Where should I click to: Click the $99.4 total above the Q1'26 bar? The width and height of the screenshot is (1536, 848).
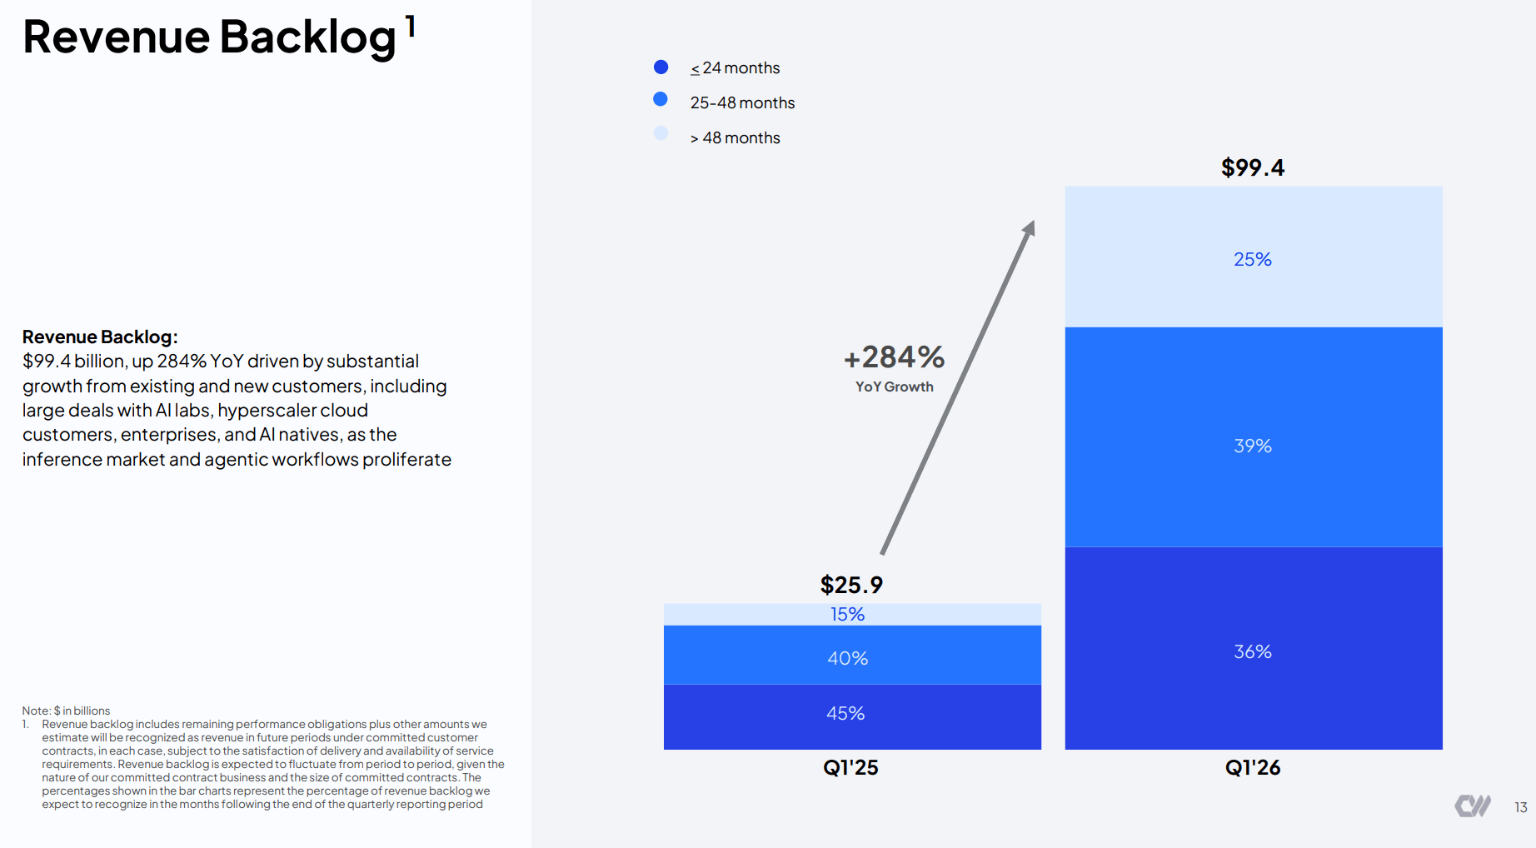1253,168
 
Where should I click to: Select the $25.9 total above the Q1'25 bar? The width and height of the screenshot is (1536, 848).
851,585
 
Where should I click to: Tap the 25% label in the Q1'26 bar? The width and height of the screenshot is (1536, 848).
1253,259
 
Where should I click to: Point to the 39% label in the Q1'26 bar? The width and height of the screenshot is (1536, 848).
1253,446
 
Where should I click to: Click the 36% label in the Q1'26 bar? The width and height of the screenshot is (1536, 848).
1253,651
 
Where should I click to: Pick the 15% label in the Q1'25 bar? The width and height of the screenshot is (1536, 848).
848,614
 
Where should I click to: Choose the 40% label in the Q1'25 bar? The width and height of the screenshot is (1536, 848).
848,658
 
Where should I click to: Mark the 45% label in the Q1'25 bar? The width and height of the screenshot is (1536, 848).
845,713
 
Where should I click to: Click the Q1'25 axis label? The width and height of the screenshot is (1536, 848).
850,767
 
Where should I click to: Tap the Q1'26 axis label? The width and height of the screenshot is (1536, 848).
1253,767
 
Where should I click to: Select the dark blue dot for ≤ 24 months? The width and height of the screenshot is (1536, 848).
661,67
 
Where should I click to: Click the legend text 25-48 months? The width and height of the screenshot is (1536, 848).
742,102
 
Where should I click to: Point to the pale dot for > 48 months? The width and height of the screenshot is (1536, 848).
661,133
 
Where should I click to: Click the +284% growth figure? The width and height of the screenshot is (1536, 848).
895,357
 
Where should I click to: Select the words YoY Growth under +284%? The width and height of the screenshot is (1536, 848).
895,387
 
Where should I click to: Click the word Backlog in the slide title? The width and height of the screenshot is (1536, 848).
307,38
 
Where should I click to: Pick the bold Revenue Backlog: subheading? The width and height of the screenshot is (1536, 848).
100,337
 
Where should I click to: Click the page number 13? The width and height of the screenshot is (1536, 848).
1521,807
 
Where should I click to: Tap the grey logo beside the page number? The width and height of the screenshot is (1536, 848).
1473,806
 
